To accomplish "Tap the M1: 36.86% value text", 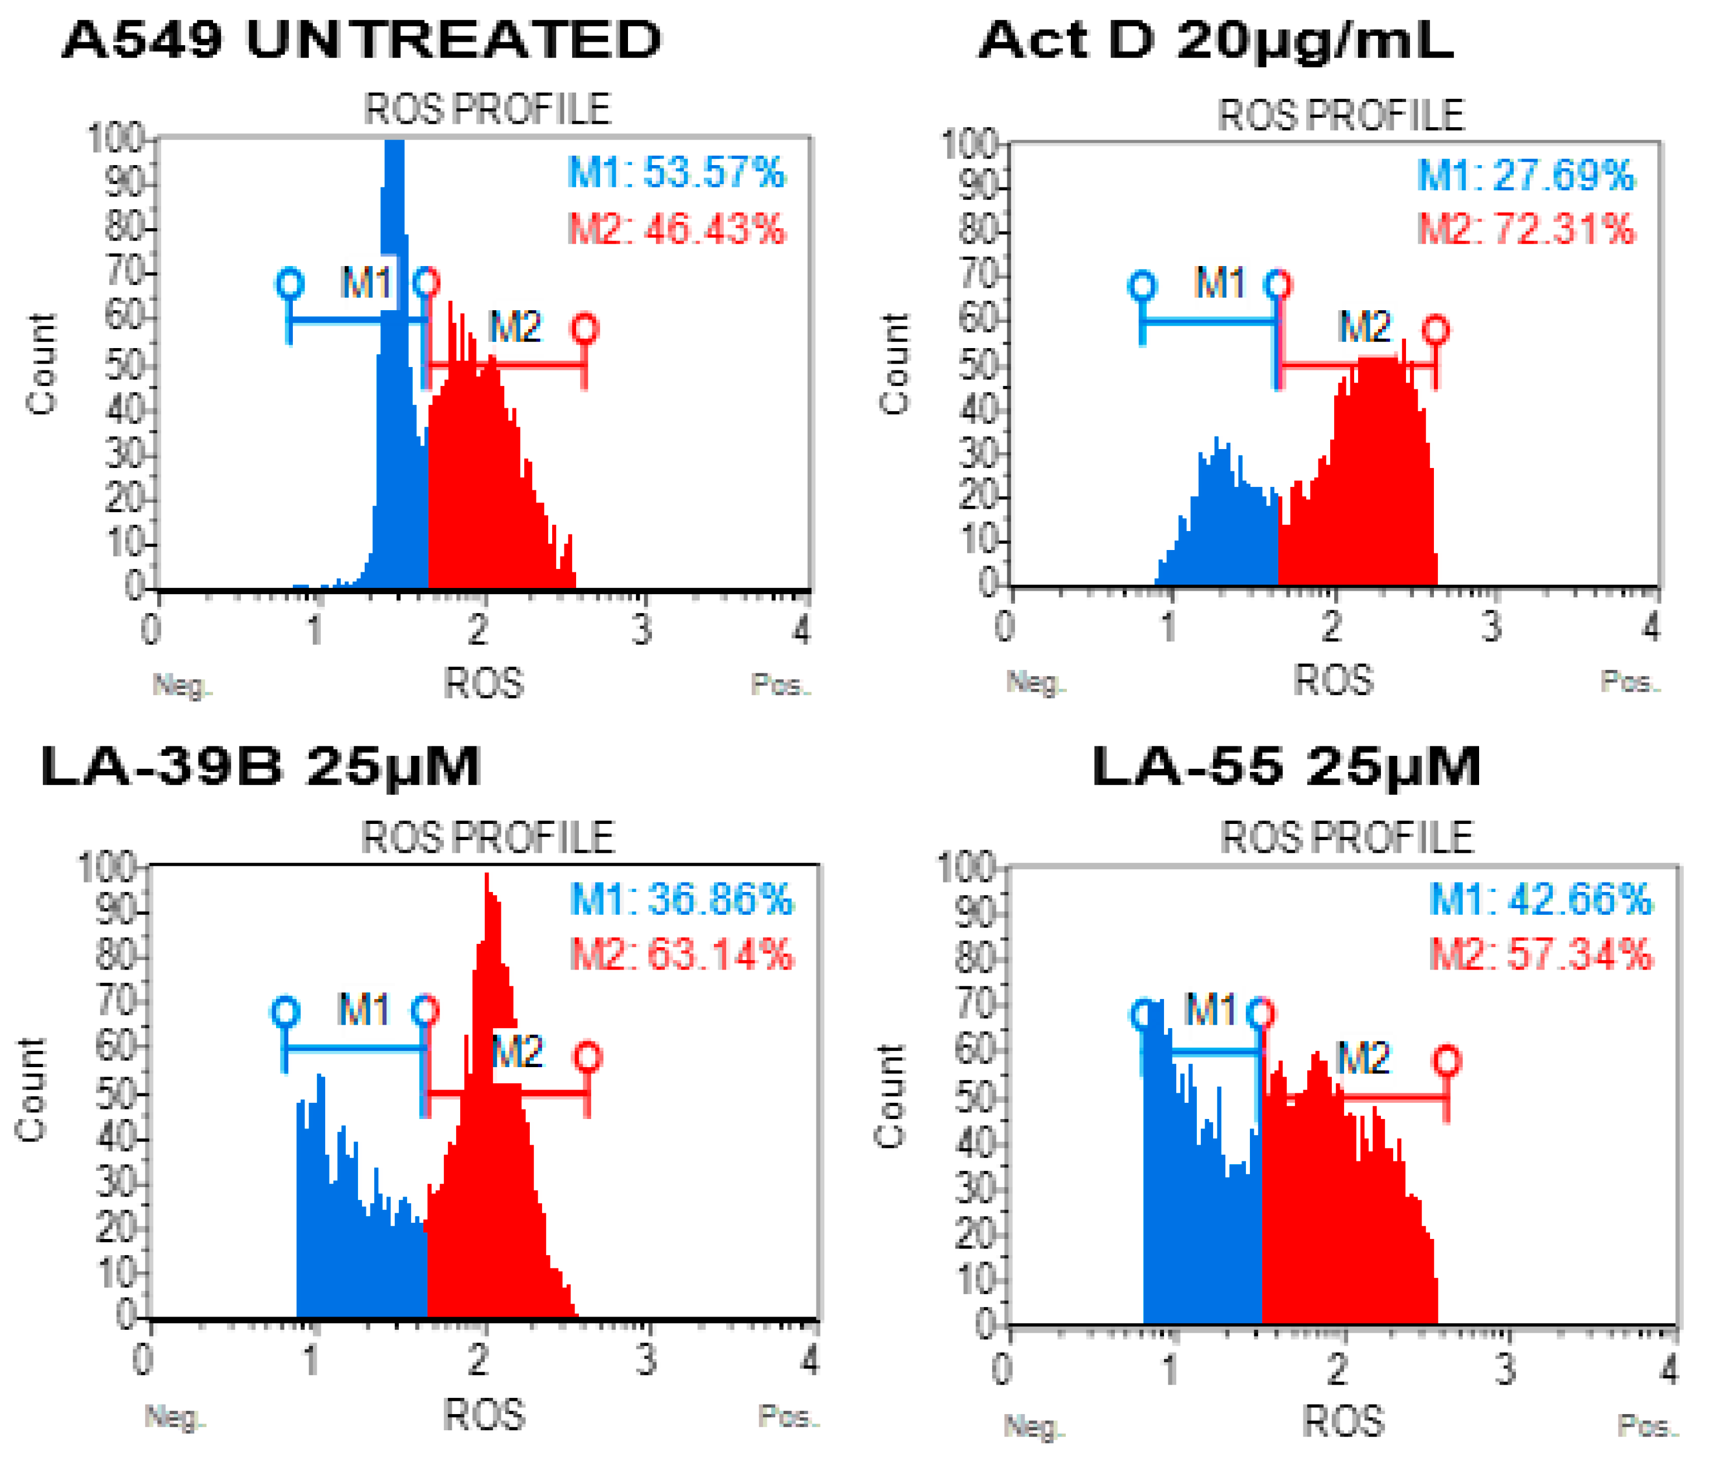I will tap(681, 899).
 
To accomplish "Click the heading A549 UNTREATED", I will tap(361, 40).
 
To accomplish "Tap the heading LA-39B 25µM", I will tap(260, 767).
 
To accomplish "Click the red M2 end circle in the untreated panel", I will tap(585, 329).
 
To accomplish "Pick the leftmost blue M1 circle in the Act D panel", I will tap(1142, 286).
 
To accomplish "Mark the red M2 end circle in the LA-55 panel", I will tap(1447, 1061).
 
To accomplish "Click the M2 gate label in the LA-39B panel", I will tap(518, 1052).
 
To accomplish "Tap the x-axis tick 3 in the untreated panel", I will tap(642, 630).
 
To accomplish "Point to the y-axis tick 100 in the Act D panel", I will tap(969, 143).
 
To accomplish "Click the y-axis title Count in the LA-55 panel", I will tap(890, 1097).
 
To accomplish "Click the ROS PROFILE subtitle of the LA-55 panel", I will tap(1346, 838).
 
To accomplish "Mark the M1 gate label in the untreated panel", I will tap(366, 283).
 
